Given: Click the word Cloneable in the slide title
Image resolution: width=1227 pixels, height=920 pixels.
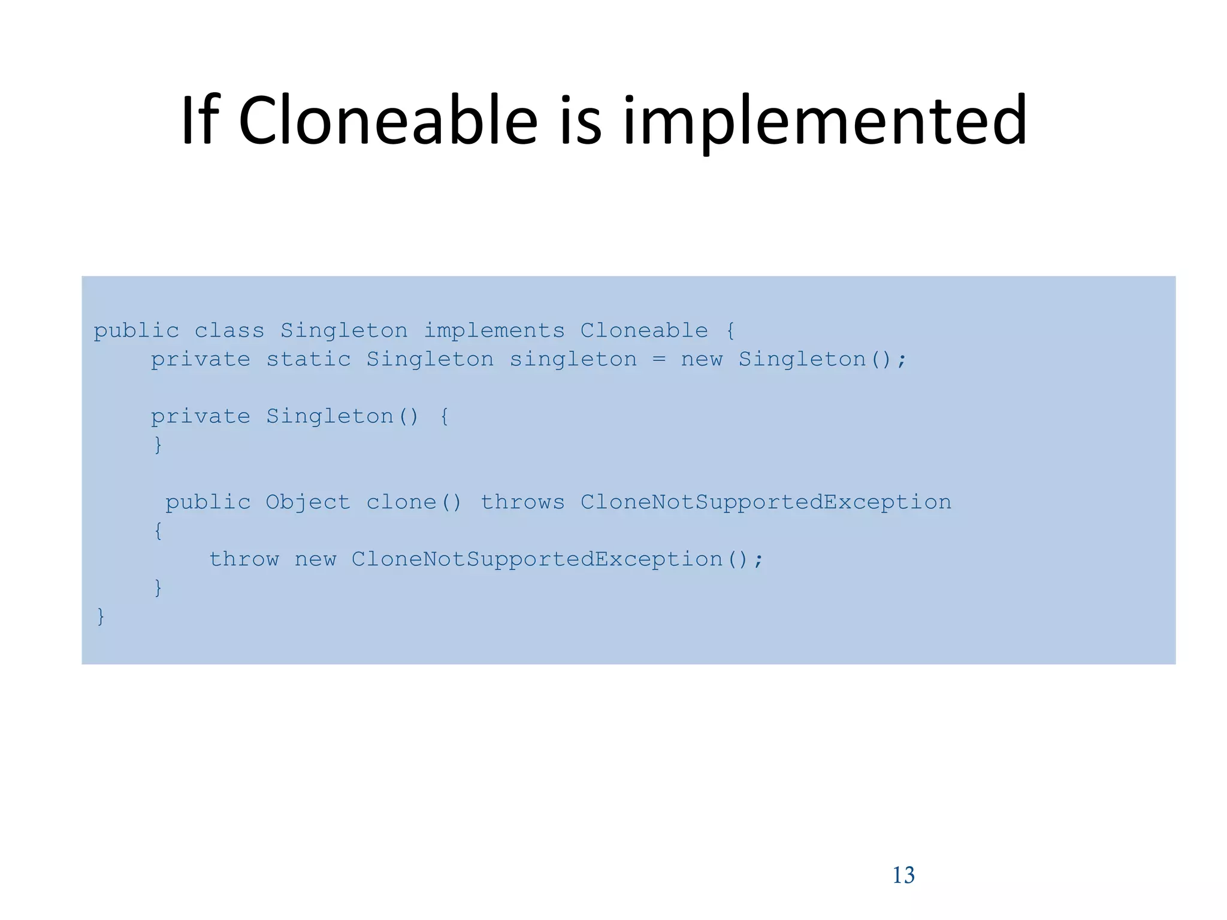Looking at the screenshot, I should pos(388,122).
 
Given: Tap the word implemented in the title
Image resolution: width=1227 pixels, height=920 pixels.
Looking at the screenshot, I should pos(824,122).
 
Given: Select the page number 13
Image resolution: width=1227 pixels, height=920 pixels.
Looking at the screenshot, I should pos(903,875).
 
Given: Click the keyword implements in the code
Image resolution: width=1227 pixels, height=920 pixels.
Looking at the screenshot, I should pos(494,331).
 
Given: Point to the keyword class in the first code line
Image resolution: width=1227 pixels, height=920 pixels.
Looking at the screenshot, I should pos(229,331).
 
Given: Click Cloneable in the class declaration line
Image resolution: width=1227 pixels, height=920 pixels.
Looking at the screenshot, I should pos(643,331).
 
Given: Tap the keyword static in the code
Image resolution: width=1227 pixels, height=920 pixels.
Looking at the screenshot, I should pos(308,359).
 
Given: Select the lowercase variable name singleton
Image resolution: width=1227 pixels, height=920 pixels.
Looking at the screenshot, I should pos(573,360).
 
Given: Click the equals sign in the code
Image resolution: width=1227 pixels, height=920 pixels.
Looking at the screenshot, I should pos(658,360).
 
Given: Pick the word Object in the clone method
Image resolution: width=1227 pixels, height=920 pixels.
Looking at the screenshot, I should pos(307,503).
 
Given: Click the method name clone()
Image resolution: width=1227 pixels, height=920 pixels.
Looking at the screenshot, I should pos(413,502).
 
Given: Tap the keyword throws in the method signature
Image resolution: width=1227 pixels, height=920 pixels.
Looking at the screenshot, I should pos(522,502).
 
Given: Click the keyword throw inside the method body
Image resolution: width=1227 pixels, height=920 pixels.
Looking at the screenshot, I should pos(244,559).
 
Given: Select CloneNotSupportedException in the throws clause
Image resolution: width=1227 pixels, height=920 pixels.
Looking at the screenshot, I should pos(765,503).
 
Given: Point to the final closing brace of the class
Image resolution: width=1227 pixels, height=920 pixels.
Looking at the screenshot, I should pos(101,616).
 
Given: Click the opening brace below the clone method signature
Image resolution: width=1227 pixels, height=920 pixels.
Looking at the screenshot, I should pos(158,531).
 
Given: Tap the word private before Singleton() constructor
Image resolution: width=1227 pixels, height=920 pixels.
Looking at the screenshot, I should pos(200,417).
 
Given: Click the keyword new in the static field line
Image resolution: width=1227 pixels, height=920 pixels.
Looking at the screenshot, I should pos(702,360).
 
